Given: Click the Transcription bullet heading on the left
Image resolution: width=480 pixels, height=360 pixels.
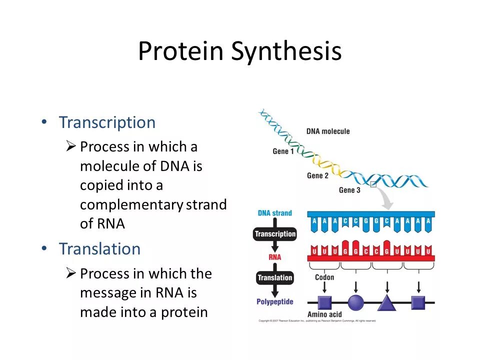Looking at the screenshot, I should (107, 122).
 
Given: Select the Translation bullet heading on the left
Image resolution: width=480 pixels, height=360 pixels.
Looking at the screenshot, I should (99, 248).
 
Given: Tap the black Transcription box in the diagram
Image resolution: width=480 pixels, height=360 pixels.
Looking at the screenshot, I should (275, 234).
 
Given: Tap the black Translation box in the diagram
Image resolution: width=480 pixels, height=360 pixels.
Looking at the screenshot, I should (275, 277).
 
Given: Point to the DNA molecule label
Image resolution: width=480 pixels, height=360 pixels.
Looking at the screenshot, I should (328, 131).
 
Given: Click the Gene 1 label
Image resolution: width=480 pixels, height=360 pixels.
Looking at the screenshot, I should (283, 151).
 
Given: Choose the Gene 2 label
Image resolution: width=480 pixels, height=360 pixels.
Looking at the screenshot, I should (318, 175).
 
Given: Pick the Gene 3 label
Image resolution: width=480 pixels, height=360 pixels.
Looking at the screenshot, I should (349, 190).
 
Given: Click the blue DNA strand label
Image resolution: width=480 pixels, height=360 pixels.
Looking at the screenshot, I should (275, 213).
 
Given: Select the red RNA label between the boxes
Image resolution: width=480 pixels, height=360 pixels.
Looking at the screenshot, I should (275, 256).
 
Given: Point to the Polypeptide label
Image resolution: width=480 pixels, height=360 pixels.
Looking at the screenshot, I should (275, 301).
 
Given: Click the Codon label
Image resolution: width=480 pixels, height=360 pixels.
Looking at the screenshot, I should (324, 277).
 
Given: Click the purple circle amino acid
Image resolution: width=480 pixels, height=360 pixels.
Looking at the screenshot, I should (355, 302).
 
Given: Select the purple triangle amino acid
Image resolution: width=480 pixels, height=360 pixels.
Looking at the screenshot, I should (386, 302).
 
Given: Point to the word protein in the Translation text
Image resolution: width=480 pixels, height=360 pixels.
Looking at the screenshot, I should (184, 312).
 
